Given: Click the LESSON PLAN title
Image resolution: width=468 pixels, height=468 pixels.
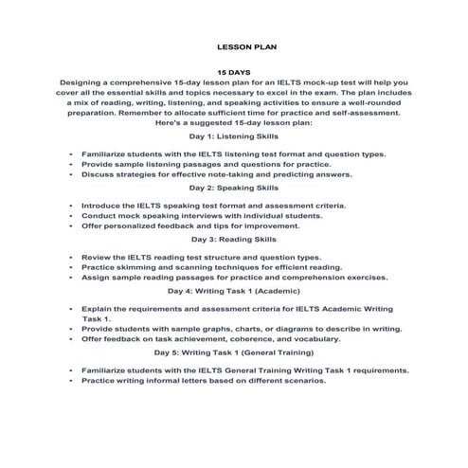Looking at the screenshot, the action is tap(233, 45).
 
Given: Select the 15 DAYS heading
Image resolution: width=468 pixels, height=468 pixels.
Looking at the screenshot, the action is tap(233, 72).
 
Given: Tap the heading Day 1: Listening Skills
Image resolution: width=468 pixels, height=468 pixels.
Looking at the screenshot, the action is tap(233, 136).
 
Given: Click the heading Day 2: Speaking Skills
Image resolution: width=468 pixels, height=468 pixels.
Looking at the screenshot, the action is tap(233, 189).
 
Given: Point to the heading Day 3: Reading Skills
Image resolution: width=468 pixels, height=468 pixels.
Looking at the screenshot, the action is tap(233, 241).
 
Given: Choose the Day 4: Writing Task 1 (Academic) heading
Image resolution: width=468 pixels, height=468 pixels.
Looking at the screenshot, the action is tap(233, 292).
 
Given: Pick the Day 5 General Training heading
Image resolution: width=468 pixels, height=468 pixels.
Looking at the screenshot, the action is tap(233, 353).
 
